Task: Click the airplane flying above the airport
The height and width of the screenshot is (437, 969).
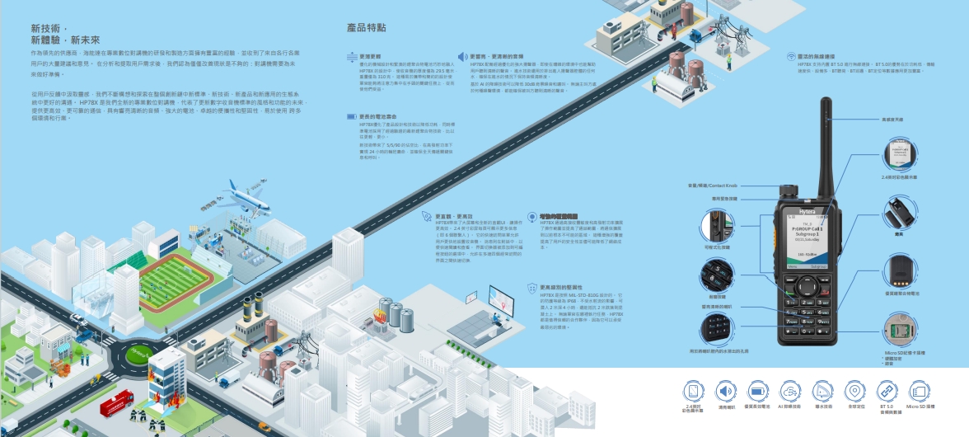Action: point(247,196)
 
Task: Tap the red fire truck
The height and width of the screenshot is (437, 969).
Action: point(116,406)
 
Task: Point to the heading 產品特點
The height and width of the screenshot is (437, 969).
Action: point(367,28)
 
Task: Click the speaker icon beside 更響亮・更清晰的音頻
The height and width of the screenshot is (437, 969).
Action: point(462,56)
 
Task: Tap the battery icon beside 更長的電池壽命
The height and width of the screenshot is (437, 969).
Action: point(352,117)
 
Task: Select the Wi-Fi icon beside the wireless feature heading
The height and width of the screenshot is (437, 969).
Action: point(790,56)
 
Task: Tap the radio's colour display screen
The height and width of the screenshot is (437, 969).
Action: point(807,244)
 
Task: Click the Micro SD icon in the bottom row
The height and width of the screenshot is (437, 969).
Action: point(920,392)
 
